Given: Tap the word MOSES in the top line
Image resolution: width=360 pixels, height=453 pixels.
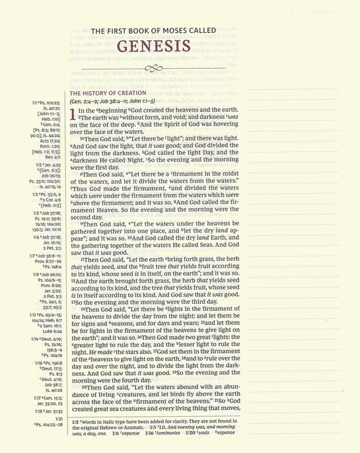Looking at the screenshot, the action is coord(169,30).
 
